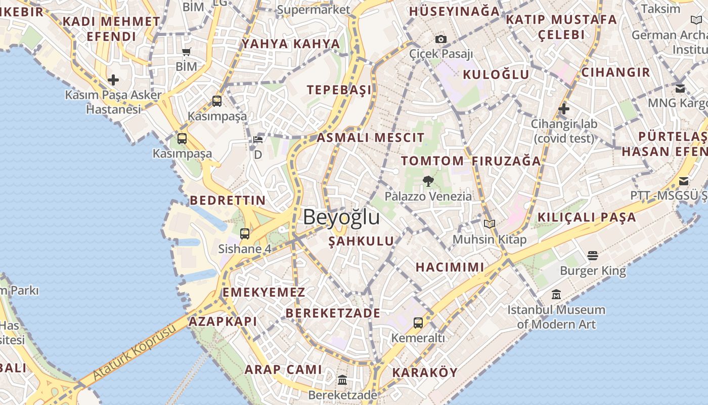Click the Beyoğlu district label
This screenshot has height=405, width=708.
[341, 217]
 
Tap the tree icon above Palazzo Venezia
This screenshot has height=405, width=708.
[428, 181]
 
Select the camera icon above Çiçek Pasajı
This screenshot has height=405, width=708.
[441, 39]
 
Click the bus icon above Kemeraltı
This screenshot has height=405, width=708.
[418, 322]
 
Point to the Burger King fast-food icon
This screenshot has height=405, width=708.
[593, 256]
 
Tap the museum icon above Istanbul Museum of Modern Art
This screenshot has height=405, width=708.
[556, 294]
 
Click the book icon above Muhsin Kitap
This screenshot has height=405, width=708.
[489, 224]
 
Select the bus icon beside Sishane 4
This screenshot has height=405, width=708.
[245, 233]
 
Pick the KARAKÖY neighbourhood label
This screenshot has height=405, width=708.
[425, 373]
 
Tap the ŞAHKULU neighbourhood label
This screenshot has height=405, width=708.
[361, 241]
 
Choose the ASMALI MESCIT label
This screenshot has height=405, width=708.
[371, 138]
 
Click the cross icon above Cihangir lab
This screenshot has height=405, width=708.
[564, 108]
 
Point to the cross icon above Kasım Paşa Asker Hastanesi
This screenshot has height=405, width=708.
[113, 79]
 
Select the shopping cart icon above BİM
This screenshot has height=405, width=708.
[187, 52]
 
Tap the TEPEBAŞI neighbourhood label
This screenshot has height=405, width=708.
[339, 90]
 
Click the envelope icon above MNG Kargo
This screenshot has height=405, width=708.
[680, 88]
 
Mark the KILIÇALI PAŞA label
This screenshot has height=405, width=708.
[587, 218]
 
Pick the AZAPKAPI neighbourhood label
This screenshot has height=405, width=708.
[223, 321]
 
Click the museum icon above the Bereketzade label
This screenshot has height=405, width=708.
[342, 380]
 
